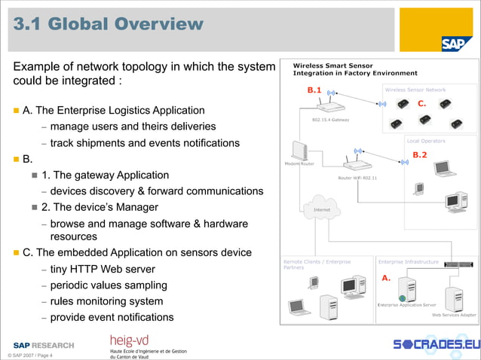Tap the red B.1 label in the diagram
point(314,90)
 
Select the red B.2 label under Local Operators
point(420,155)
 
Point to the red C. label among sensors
point(422,102)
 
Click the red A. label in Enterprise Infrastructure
point(385,278)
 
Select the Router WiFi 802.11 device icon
point(358,166)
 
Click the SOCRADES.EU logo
point(436,344)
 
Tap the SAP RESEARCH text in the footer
point(44,345)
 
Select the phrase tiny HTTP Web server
point(103,270)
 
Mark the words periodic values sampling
point(109,286)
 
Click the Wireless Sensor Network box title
point(415,90)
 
